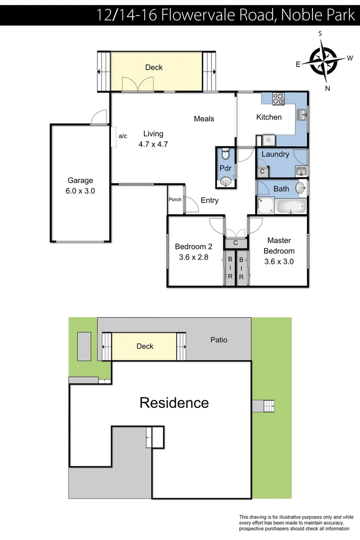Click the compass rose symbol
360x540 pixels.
pyautogui.click(x=324, y=61)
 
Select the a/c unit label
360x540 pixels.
pyautogui.click(x=123, y=135)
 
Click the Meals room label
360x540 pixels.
pyautogui.click(x=204, y=118)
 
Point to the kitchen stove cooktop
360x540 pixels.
pyautogui.click(x=278, y=99)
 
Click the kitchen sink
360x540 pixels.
pyautogui.click(x=301, y=115)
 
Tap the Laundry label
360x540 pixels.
pyautogui.click(x=275, y=154)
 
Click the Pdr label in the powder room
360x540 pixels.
pyautogui.click(x=224, y=168)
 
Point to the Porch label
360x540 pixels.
pyautogui.click(x=175, y=199)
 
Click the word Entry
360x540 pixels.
pyautogui.click(x=209, y=200)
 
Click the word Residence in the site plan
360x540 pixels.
pyautogui.click(x=174, y=402)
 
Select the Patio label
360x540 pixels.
pyautogui.click(x=218, y=339)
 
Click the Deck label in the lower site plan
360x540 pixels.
pyautogui.click(x=145, y=346)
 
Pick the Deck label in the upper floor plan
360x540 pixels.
pyautogui.click(x=153, y=67)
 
